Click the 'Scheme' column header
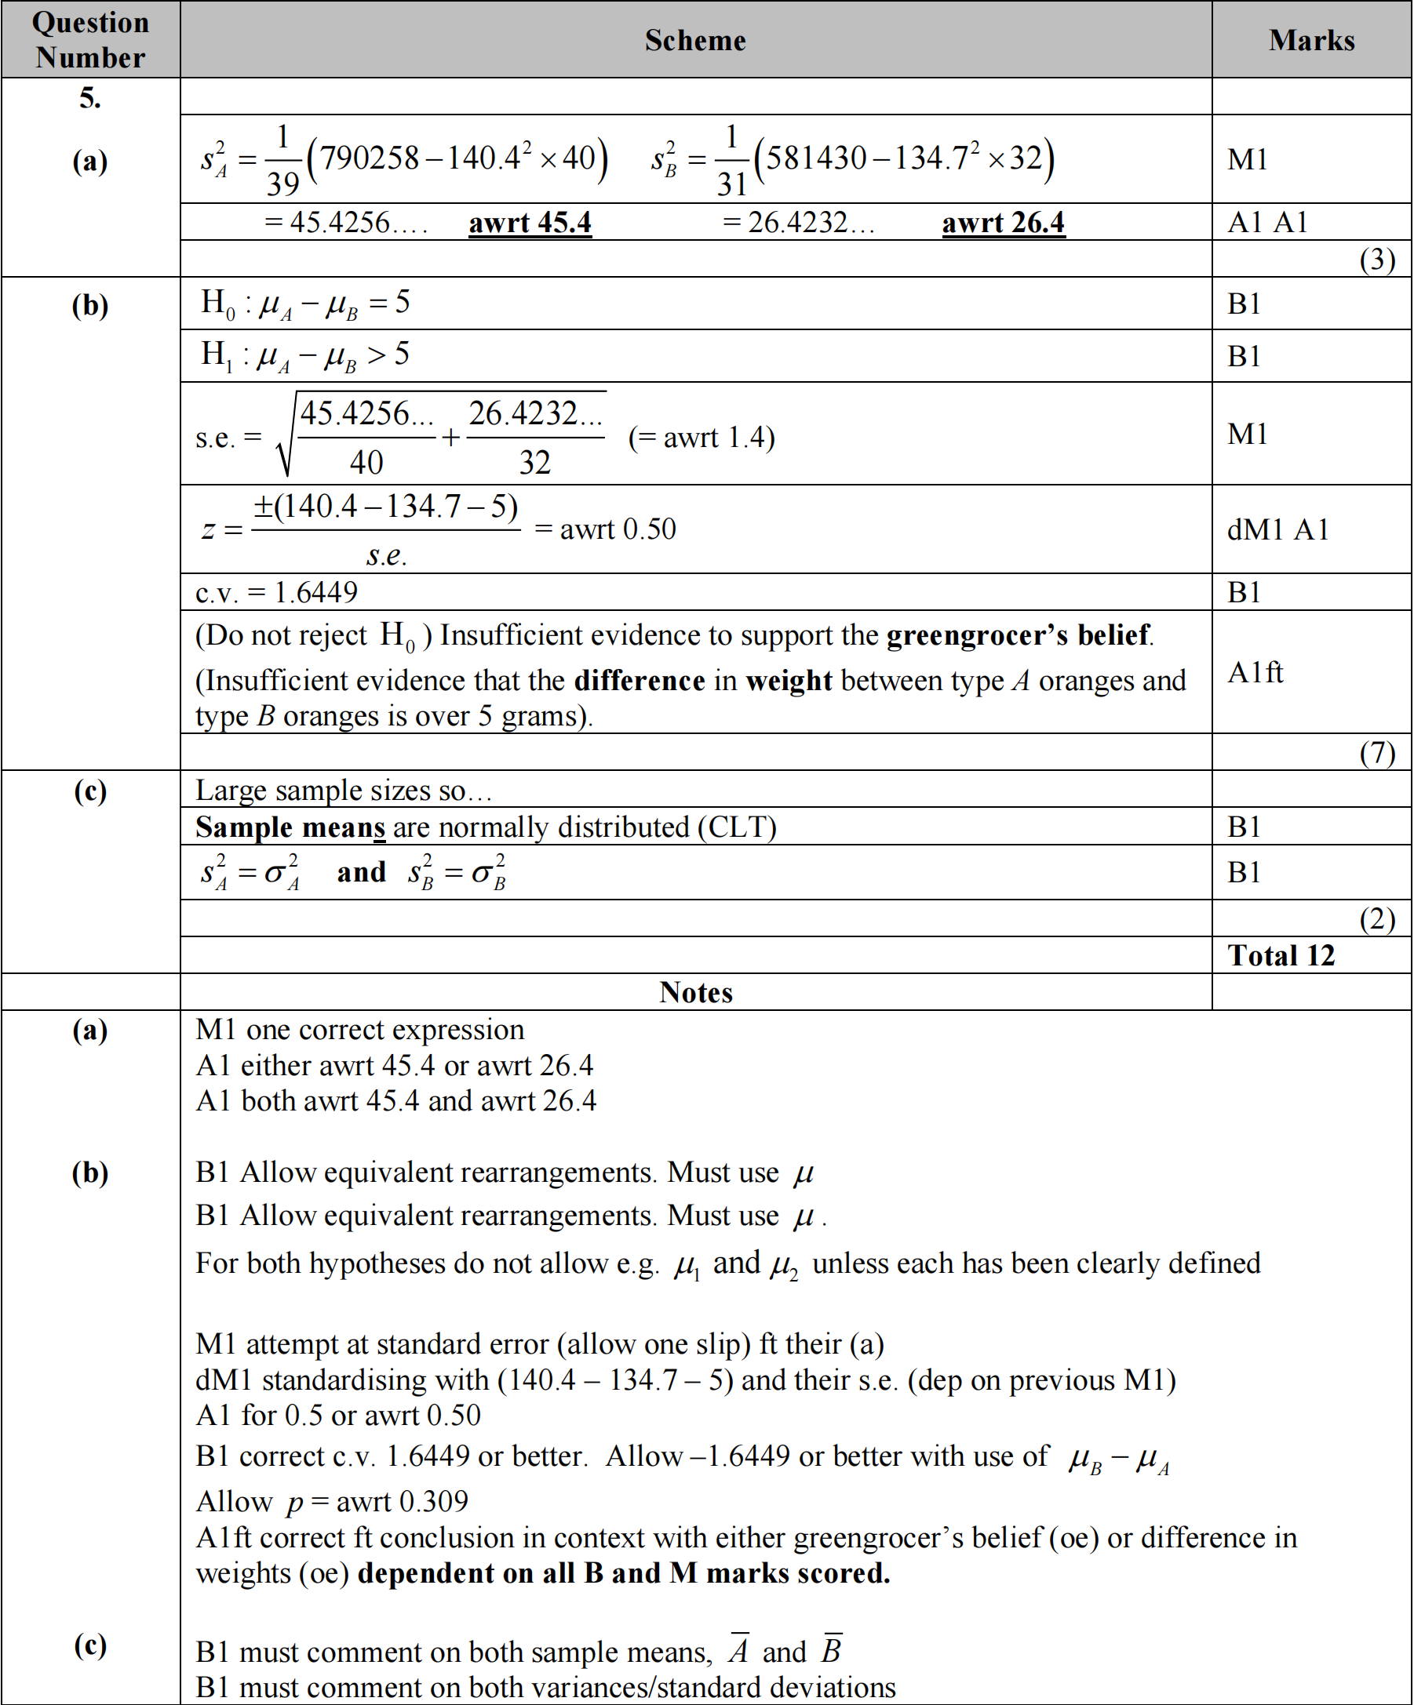tap(695, 41)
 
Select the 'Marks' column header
tap(1311, 41)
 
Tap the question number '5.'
tap(90, 98)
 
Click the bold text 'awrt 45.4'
tap(530, 223)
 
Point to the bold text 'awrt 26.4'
tap(1002, 223)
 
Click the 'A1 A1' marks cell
tap(1267, 223)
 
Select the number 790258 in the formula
tap(370, 158)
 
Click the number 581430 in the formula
tap(816, 158)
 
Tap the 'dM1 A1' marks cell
tap(1277, 529)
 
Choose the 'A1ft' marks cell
tap(1255, 672)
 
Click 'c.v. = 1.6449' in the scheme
tap(276, 593)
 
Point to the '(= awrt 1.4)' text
tap(701, 438)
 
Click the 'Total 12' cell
tap(1281, 955)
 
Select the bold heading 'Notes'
tap(695, 992)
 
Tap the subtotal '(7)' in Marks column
tap(1376, 753)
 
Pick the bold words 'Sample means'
tap(290, 827)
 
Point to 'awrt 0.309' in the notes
tap(402, 1501)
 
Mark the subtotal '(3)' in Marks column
tap(1376, 259)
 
